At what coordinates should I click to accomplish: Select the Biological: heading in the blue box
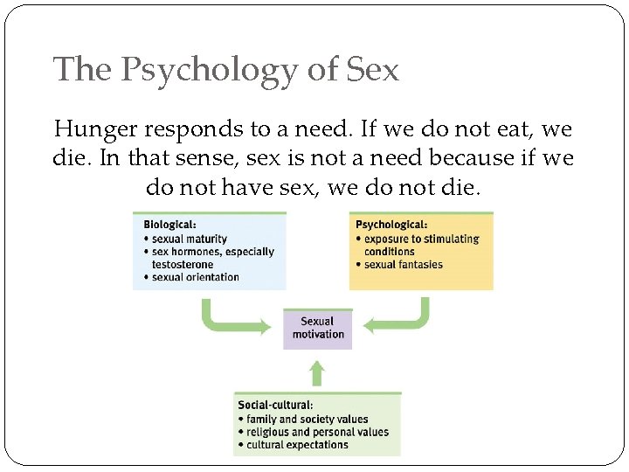[x=171, y=225]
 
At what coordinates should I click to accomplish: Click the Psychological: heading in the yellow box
[x=391, y=225]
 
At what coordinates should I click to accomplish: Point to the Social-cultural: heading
[x=275, y=405]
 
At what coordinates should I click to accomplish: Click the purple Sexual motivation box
[x=317, y=328]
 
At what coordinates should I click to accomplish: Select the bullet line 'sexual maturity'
[x=189, y=239]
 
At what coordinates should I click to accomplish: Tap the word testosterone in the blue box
[x=183, y=264]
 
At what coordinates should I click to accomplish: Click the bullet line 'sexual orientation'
[x=195, y=277]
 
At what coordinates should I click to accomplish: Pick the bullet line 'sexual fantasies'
[x=403, y=264]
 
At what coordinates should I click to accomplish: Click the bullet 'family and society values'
[x=307, y=419]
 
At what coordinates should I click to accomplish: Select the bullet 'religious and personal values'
[x=317, y=432]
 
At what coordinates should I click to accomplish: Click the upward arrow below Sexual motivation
[x=317, y=373]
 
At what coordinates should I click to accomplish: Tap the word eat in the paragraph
[x=516, y=129]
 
